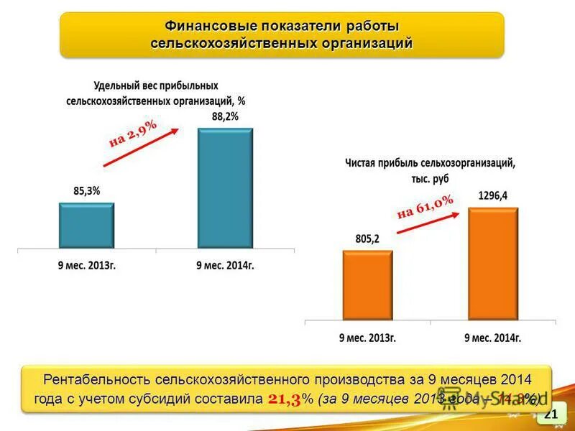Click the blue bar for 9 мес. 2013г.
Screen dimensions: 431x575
click(x=86, y=225)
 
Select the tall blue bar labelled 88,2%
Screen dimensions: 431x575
click(x=225, y=188)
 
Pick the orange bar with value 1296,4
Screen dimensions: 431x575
click(x=492, y=264)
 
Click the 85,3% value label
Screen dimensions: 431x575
click(x=87, y=191)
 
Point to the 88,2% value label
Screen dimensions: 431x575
click(x=225, y=116)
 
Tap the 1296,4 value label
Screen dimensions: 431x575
click(x=492, y=195)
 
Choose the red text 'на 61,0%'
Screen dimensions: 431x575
click(x=425, y=206)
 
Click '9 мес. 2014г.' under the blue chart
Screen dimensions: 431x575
click(x=225, y=265)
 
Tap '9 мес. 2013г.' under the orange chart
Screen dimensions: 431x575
click(x=367, y=336)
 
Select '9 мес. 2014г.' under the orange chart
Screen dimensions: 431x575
click(x=492, y=336)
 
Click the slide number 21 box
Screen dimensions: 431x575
click(x=551, y=413)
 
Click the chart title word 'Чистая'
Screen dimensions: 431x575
click(x=364, y=163)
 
